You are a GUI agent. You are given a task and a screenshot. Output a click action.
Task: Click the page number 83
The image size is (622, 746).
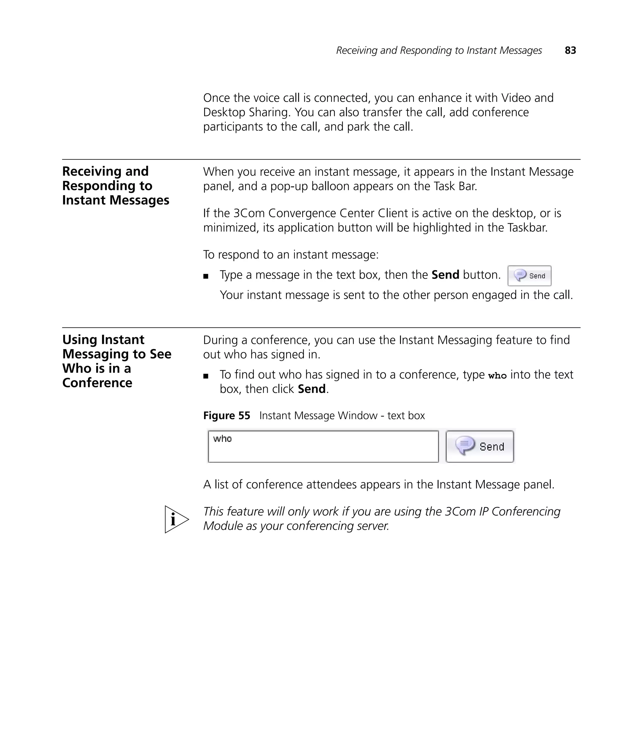click(x=570, y=50)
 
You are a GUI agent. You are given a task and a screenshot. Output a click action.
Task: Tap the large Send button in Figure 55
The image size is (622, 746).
click(x=480, y=446)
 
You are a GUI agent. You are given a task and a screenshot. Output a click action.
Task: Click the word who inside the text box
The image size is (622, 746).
click(x=222, y=439)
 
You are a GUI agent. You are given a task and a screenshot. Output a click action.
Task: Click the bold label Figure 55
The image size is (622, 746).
click(x=226, y=415)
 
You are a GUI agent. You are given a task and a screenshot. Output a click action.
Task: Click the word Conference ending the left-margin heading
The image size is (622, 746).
click(x=97, y=383)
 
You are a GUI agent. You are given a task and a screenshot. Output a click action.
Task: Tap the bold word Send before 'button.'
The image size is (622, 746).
click(x=445, y=275)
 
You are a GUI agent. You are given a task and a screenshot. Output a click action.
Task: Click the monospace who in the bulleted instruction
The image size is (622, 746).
click(x=497, y=376)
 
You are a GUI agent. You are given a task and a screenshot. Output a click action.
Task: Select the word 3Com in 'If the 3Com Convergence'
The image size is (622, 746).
click(x=249, y=213)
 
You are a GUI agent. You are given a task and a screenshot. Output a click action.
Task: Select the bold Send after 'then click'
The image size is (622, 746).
click(x=311, y=389)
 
